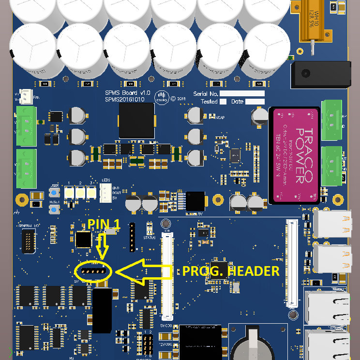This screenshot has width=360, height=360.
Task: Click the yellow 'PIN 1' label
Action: [104, 224]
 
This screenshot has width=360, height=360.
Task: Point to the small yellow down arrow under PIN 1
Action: [101, 250]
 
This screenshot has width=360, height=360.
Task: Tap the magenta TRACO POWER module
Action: [296, 154]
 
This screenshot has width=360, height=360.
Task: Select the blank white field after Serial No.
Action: [242, 93]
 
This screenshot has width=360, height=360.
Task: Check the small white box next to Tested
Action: [223, 102]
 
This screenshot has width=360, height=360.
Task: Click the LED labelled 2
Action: [80, 192]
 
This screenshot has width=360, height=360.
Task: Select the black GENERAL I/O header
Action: [28, 241]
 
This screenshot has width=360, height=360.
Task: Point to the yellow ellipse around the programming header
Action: [95, 271]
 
